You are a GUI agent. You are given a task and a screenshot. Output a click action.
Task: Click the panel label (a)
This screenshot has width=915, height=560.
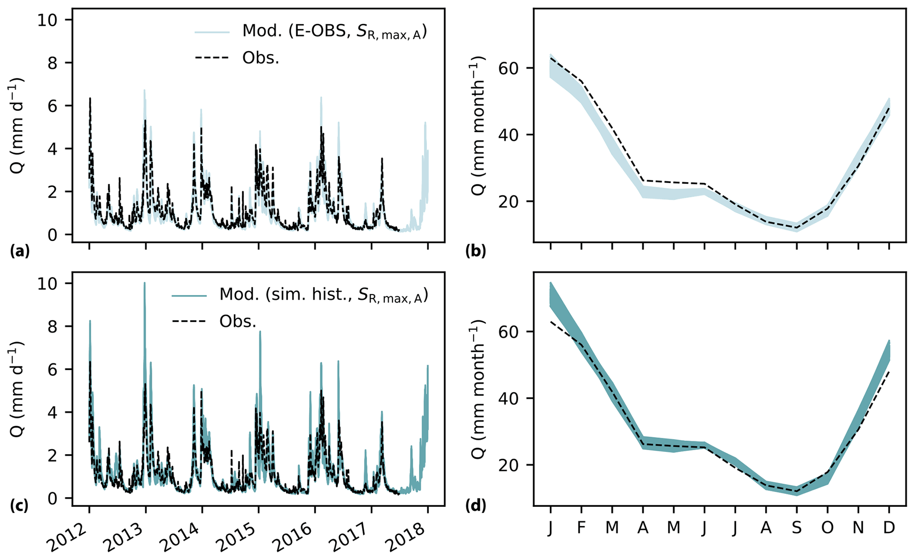tap(19, 252)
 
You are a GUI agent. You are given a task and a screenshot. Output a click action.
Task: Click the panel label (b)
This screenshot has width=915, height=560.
tap(476, 252)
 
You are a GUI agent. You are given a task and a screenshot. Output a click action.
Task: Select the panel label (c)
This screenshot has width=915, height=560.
tap(19, 506)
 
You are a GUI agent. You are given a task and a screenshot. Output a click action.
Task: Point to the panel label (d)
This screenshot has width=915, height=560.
tap(476, 506)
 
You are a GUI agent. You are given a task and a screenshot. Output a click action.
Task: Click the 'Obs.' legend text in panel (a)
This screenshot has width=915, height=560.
tap(261, 58)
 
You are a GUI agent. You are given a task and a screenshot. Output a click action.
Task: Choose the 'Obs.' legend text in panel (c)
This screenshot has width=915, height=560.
tap(238, 322)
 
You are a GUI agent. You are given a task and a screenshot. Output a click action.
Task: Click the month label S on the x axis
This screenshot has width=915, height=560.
tap(796, 528)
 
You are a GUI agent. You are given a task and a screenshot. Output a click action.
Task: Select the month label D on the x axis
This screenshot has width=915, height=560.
tap(889, 528)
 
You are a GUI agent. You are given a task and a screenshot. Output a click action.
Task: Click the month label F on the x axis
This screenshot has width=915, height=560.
tap(581, 528)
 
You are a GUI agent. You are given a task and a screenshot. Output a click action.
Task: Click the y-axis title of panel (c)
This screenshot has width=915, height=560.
tap(16, 389)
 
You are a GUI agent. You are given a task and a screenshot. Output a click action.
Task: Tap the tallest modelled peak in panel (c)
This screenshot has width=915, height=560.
tap(144, 283)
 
